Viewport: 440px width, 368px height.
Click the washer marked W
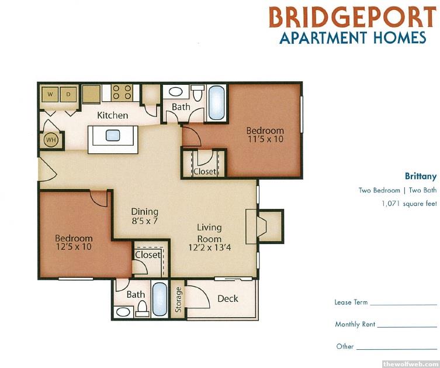[50, 94]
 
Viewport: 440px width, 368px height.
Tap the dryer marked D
[68, 94]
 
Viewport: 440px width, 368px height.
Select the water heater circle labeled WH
[51, 140]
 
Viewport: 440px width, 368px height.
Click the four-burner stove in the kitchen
[122, 92]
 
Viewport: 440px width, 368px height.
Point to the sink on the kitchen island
[113, 135]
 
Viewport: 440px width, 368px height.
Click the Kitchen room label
[113, 115]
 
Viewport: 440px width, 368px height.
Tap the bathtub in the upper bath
[217, 103]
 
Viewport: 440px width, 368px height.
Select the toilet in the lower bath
[143, 308]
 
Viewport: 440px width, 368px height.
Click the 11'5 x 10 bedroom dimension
[265, 139]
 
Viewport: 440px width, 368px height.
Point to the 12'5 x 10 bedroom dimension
[74, 247]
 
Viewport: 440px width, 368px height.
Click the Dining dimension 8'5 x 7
[144, 221]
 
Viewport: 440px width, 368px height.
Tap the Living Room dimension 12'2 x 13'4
[210, 247]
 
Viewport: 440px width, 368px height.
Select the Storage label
[178, 300]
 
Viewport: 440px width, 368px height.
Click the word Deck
[228, 298]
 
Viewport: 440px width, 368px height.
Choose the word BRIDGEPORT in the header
[352, 17]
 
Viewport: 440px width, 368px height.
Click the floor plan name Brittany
[421, 176]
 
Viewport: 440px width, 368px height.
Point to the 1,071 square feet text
[409, 204]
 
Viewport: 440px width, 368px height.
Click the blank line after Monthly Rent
[407, 327]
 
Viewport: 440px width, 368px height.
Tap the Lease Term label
[351, 302]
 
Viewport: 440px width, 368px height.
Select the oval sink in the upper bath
[175, 92]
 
